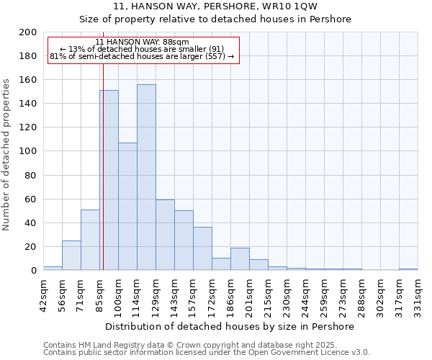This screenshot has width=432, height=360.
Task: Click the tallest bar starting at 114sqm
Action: pyautogui.click(x=146, y=177)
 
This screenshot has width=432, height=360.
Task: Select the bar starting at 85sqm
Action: pyautogui.click(x=109, y=180)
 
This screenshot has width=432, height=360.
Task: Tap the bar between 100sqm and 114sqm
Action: pyautogui.click(x=127, y=206)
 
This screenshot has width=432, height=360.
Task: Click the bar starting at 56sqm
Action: pyautogui.click(x=71, y=255)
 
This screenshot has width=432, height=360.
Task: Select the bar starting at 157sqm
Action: pyautogui.click(x=202, y=248)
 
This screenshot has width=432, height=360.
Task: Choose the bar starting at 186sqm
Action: pyautogui.click(x=240, y=258)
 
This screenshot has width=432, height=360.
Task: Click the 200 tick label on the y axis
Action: pyautogui.click(x=28, y=32)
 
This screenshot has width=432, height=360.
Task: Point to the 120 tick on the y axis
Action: pyautogui.click(x=28, y=127)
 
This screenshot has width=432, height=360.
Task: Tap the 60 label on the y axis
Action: pyautogui.click(x=31, y=199)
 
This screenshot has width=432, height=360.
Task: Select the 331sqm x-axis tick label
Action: pyautogui.click(x=418, y=295)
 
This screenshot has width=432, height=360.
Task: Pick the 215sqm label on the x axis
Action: pyautogui.click(x=268, y=295)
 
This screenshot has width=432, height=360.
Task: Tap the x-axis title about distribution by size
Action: pyautogui.click(x=230, y=326)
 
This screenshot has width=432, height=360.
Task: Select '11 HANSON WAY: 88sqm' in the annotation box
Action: pyautogui.click(x=142, y=42)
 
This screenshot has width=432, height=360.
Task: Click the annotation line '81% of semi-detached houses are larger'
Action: pyautogui.click(x=142, y=56)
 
